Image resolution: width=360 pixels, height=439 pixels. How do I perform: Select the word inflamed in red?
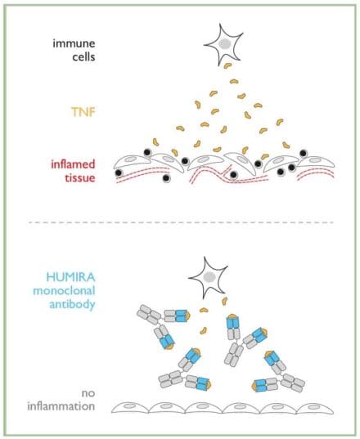[x=66, y=163]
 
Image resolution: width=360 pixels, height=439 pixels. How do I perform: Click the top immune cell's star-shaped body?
[x=222, y=43]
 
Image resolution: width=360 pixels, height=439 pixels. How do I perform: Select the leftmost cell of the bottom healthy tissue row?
[x=141, y=407]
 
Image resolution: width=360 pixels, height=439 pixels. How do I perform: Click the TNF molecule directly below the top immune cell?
[x=227, y=66]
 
